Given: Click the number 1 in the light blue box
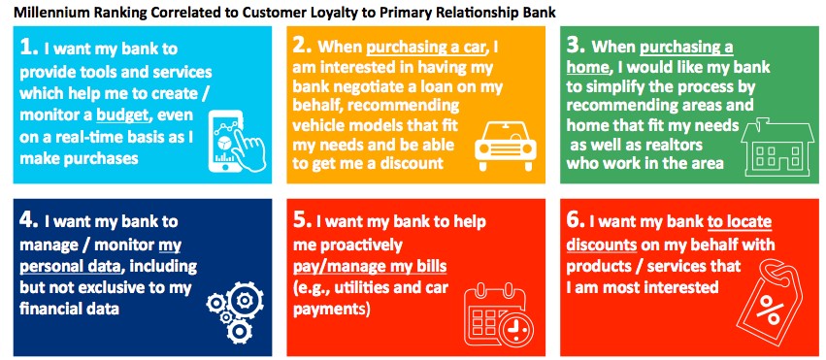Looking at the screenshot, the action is [x=28, y=48].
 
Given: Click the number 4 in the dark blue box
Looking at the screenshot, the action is [x=29, y=220].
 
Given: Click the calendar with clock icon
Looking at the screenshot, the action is [x=495, y=313].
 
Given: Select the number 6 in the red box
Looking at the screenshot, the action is [x=576, y=220].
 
